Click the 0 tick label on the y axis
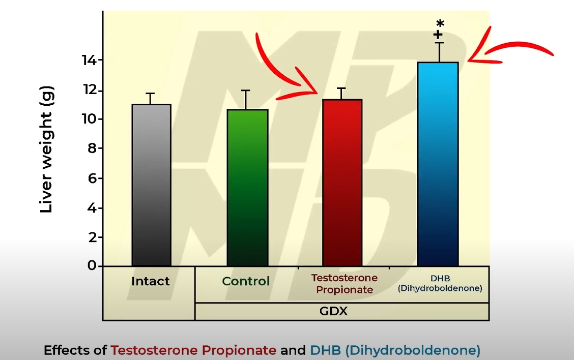click(92, 266)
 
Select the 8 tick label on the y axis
click(92, 148)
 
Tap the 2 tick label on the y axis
click(92, 237)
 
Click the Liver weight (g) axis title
click(46, 149)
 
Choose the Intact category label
click(151, 281)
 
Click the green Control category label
click(246, 281)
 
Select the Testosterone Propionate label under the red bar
click(345, 284)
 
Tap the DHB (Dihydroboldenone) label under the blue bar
click(440, 284)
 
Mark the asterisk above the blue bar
click(440, 24)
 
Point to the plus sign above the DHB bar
click(438, 35)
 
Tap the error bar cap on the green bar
click(246, 91)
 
